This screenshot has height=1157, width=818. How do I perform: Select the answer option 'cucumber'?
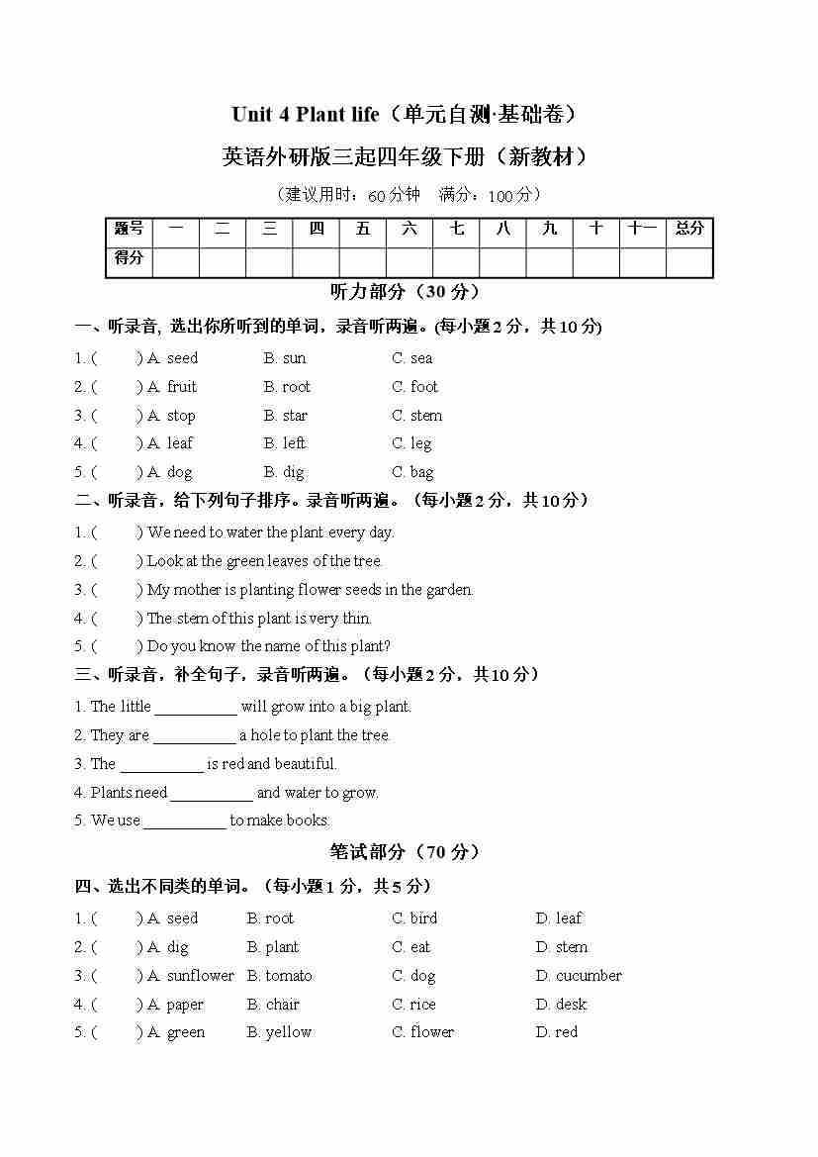[x=589, y=976]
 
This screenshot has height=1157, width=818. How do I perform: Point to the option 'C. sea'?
[x=411, y=358]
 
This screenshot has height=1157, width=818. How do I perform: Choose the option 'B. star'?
[x=285, y=416]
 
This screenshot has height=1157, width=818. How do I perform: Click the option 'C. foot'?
[x=414, y=387]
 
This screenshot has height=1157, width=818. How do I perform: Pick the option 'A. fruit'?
[x=172, y=387]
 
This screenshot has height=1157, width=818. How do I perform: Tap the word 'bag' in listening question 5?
[x=422, y=472]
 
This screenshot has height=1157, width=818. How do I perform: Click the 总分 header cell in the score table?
[x=689, y=229]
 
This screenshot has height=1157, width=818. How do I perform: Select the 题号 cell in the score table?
[x=129, y=229]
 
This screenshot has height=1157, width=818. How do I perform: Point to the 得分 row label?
[x=129, y=259]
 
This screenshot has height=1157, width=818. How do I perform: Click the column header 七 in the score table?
[x=456, y=229]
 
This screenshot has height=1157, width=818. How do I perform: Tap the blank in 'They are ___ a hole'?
[x=194, y=736]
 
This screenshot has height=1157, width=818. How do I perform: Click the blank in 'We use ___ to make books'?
[x=185, y=821]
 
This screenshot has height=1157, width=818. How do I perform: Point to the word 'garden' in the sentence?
[x=448, y=590]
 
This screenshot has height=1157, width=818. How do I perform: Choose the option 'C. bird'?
[x=414, y=918]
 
